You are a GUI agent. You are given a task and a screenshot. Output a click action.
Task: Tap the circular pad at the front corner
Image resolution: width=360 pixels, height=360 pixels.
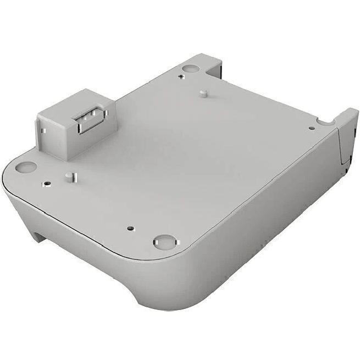coord(163,241)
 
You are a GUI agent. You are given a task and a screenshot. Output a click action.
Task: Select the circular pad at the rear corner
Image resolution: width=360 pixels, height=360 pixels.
coord(191,68)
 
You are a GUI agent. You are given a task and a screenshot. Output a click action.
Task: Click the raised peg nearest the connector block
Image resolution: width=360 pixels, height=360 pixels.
coord(69,176)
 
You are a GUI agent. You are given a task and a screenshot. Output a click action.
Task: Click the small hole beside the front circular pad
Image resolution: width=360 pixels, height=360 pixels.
coord(130,226)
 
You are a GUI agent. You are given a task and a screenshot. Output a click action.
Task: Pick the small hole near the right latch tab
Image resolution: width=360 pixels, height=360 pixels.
coord(311,128)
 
